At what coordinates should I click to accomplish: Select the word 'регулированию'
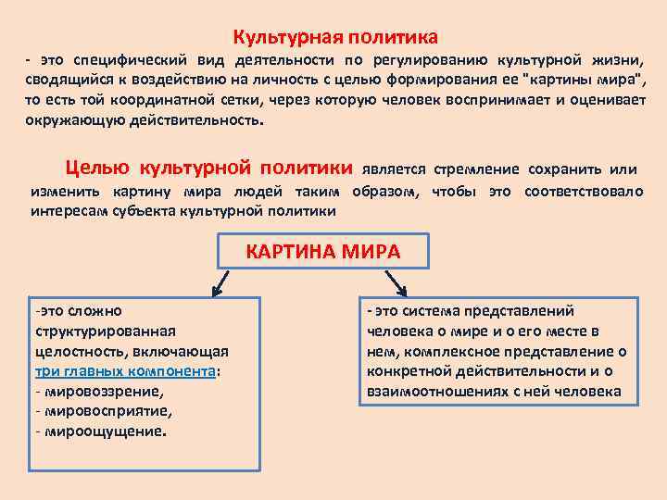(x=427, y=59)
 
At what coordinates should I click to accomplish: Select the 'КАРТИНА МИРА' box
(x=322, y=252)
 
